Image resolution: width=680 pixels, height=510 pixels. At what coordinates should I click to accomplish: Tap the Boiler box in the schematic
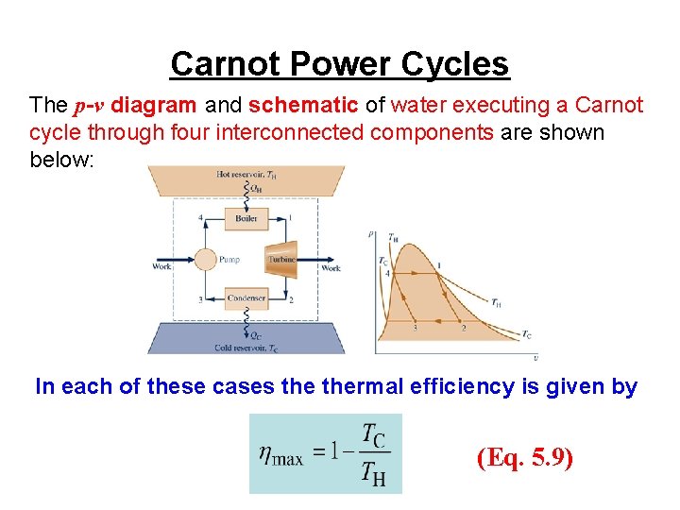tap(246, 219)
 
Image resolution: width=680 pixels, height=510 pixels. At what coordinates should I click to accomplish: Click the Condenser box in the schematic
tap(246, 298)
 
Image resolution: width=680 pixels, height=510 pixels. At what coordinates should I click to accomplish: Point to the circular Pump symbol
tap(206, 259)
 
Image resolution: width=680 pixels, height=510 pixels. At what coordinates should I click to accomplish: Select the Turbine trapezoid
tap(282, 259)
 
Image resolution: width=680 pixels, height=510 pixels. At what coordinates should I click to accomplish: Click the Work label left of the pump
tap(161, 267)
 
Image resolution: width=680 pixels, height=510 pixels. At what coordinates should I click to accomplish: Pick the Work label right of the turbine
tap(331, 268)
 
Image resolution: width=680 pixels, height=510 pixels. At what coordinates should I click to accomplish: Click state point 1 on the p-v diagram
tap(439, 264)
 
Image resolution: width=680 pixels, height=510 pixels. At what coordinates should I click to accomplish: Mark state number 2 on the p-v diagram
tap(463, 328)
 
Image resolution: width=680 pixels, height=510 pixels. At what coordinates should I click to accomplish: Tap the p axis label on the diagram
tap(370, 233)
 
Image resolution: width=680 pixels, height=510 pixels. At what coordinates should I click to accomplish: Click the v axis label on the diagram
tap(536, 358)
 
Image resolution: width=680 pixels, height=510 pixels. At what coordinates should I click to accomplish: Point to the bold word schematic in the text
tap(304, 106)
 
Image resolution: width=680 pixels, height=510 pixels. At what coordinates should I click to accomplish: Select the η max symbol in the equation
tap(281, 456)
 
